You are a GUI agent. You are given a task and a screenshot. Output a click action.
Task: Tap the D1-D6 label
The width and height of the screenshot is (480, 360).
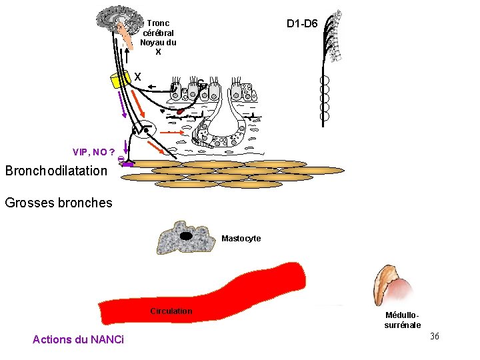point(302,24)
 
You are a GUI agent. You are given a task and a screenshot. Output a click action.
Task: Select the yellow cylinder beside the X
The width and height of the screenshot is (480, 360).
point(120,79)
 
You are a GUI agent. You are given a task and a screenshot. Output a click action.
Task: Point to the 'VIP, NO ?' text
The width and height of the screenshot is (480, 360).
point(93,152)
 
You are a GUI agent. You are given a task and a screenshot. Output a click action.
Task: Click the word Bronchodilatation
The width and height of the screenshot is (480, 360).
point(56,171)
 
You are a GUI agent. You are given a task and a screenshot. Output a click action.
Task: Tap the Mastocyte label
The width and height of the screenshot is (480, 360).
point(241,239)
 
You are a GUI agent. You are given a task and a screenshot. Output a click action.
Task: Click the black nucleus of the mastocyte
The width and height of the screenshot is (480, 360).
point(186,235)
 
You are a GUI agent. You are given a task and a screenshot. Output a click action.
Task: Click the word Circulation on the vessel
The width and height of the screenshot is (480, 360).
point(171,311)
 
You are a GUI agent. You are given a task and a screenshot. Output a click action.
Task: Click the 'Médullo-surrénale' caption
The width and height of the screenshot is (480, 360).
point(403,320)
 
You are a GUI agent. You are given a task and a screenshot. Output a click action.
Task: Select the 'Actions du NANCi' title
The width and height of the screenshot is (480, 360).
point(78,340)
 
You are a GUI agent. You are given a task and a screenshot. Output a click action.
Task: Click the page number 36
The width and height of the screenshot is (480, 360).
point(434,336)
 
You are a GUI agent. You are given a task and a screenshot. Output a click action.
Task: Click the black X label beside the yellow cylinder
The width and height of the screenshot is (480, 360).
point(137,77)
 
